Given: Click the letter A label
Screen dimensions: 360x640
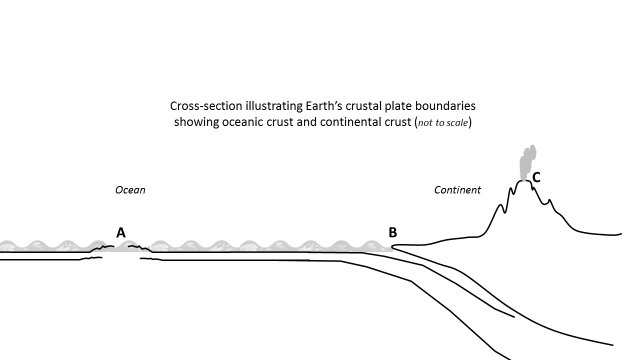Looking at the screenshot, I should pos(120,232).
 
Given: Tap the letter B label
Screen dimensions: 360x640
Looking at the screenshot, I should pos(393,232).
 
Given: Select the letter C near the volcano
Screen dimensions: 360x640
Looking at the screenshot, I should pos(536,177).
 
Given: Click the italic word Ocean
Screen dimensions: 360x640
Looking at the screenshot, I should pos(130,190).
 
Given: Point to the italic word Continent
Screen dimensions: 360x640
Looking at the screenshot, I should pos(457,190).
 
